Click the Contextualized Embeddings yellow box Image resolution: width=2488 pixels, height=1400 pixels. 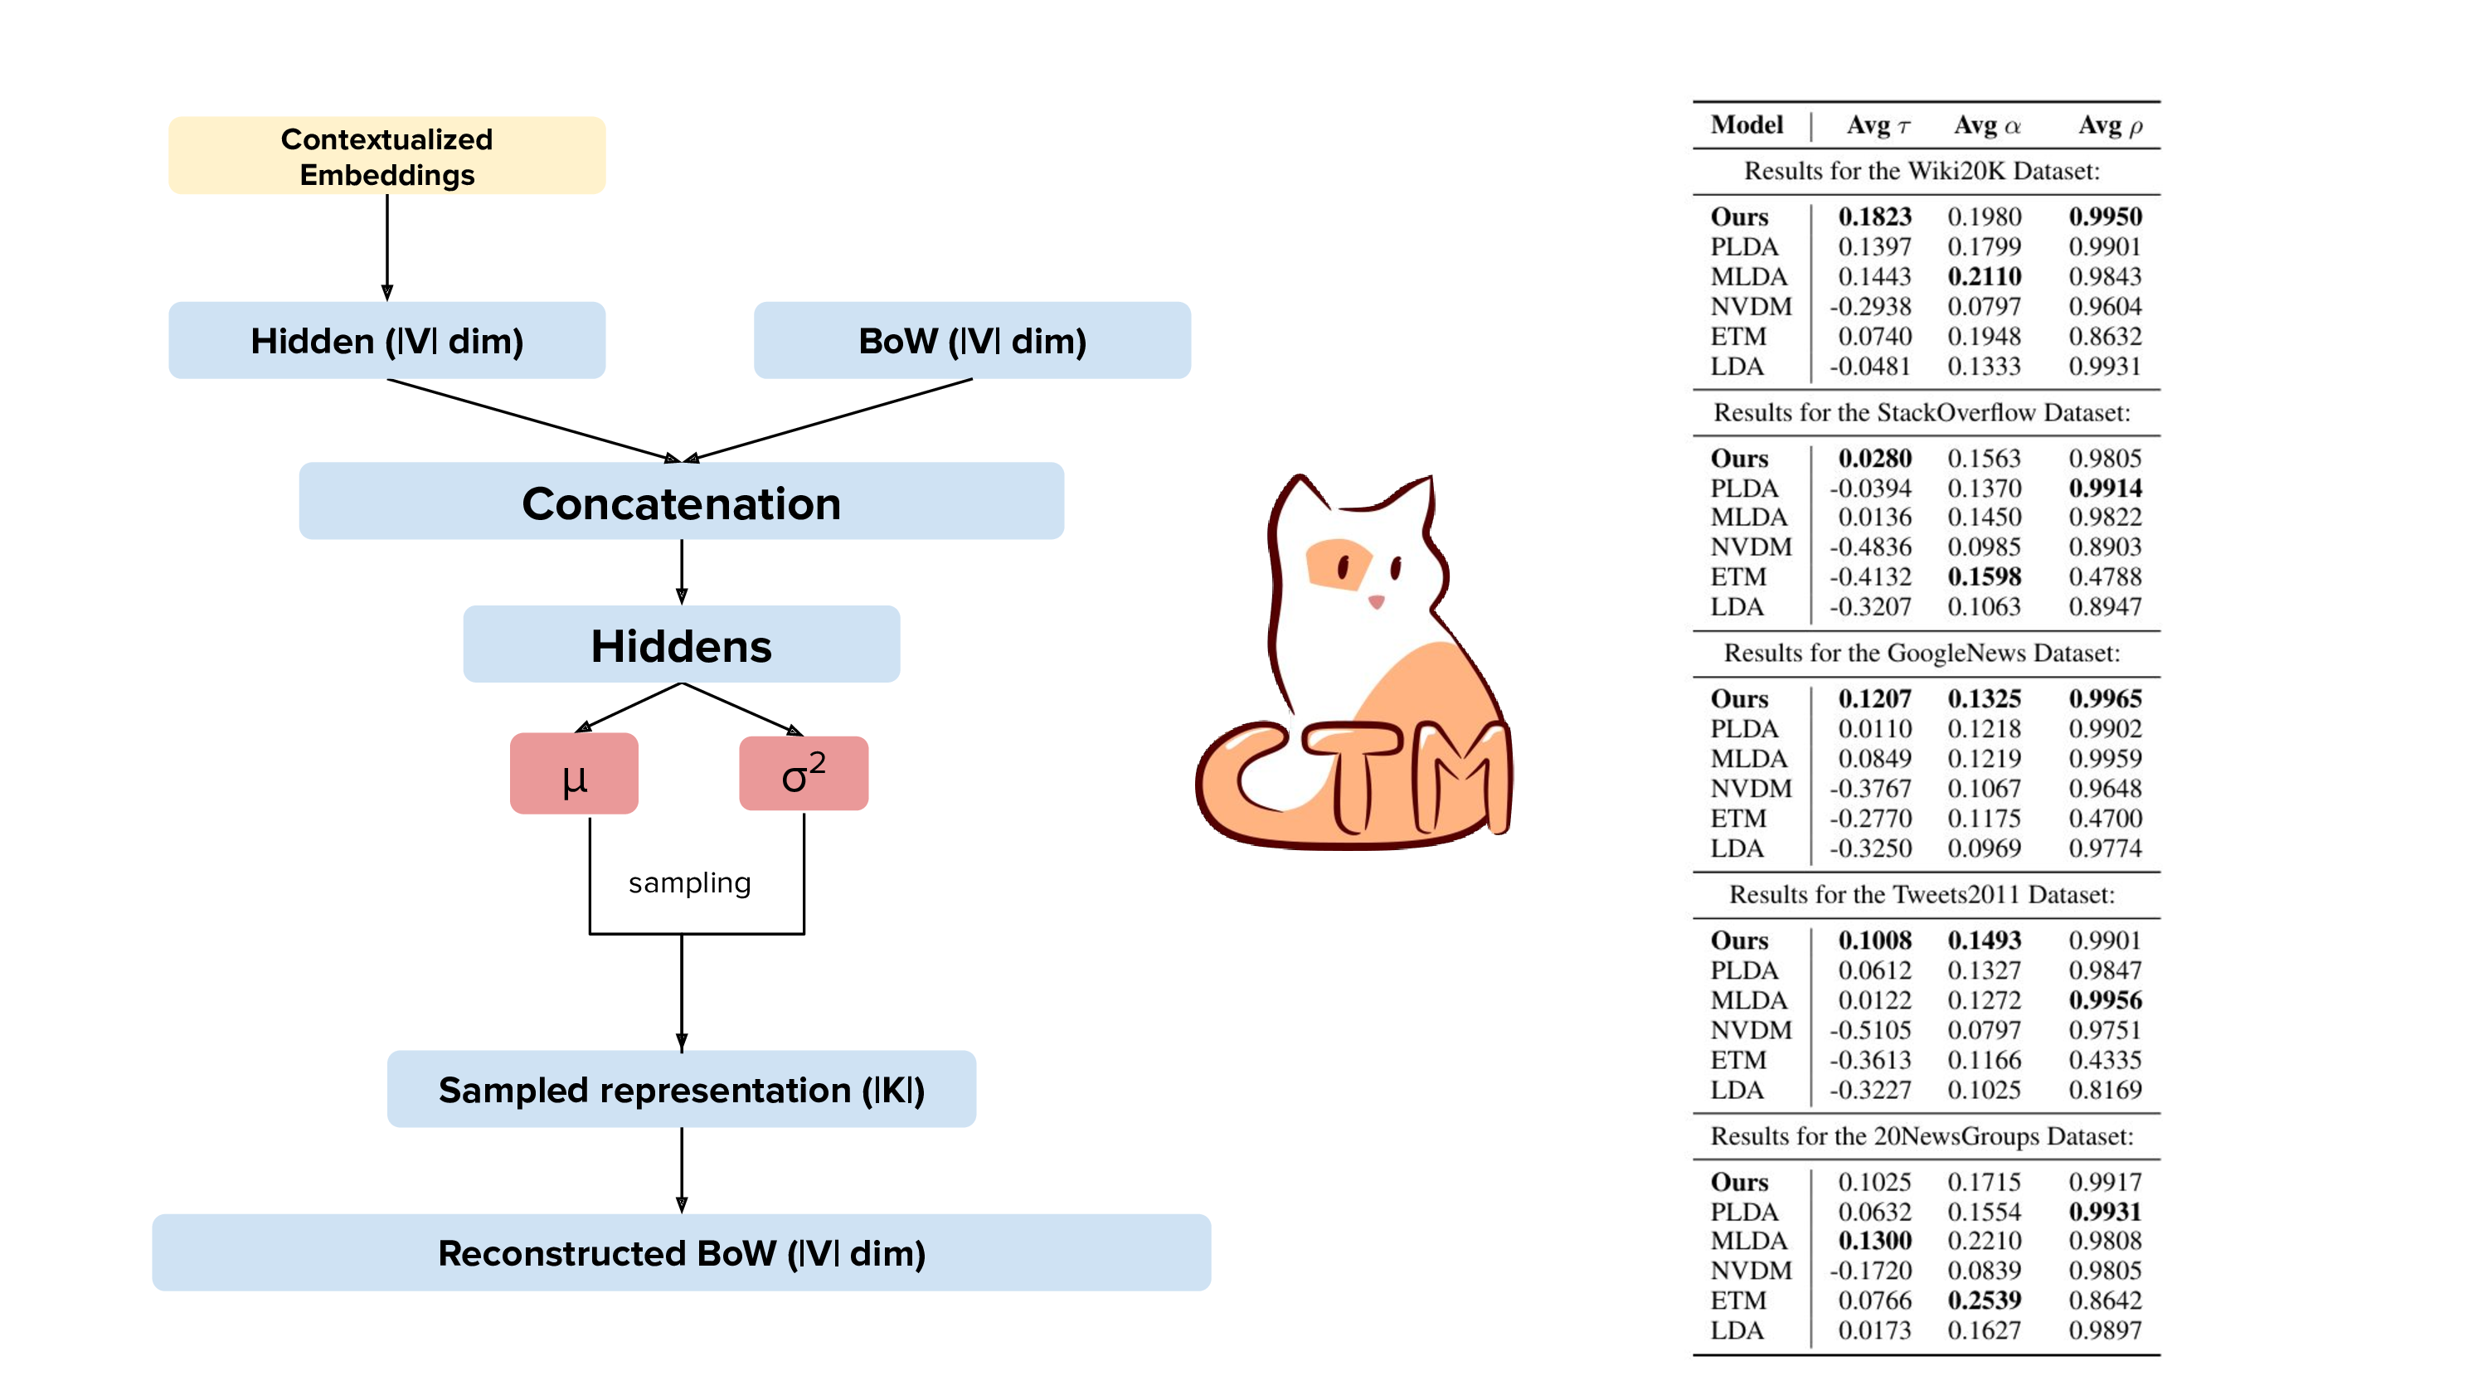click(x=386, y=156)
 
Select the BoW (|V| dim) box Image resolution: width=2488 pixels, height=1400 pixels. click(x=972, y=340)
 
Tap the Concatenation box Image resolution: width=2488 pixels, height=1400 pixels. click(x=681, y=502)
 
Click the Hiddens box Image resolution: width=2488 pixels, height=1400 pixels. click(x=681, y=644)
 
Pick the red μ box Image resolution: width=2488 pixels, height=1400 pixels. click(x=574, y=774)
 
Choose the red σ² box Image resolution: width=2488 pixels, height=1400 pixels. click(x=803, y=774)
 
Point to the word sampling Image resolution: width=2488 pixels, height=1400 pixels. click(x=688, y=882)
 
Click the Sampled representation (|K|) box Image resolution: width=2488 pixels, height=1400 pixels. click(x=681, y=1089)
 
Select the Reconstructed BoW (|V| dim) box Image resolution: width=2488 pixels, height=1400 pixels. click(x=681, y=1252)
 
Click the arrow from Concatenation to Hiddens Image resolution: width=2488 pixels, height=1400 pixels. click(x=682, y=572)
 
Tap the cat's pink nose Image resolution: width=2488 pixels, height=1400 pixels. click(x=1375, y=602)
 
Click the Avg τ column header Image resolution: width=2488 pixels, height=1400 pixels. click(x=1878, y=125)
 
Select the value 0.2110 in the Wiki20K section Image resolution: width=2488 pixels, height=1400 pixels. click(x=1984, y=276)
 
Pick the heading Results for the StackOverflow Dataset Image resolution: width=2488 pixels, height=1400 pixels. click(x=1921, y=412)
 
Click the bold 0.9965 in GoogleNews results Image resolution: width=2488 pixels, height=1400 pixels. click(x=2105, y=698)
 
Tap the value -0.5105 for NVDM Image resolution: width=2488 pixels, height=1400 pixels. click(x=1870, y=1030)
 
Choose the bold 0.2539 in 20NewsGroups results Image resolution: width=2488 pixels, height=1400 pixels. click(x=1984, y=1300)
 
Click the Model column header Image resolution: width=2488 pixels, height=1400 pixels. click(x=1747, y=125)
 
